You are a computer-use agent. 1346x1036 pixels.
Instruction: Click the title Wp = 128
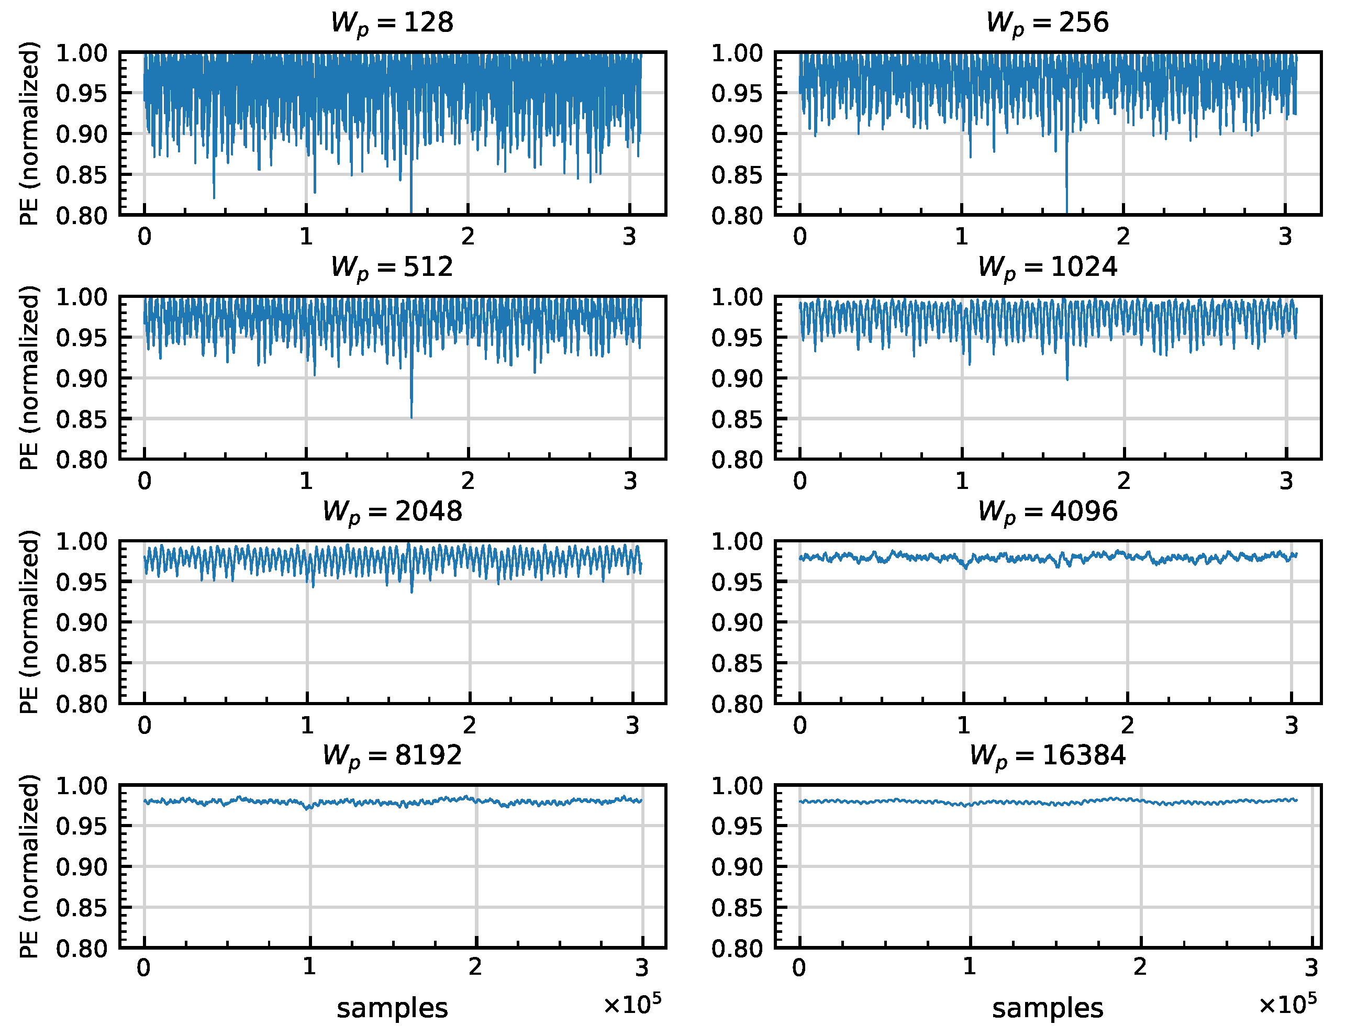(392, 24)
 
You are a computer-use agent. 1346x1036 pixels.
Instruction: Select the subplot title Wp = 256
(1047, 24)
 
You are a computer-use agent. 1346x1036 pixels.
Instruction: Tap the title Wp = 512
(392, 268)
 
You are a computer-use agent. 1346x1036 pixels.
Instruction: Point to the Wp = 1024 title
(1047, 268)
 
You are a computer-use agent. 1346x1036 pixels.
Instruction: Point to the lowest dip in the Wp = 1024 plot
(1067, 378)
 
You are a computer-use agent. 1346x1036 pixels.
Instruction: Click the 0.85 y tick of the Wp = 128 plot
(81, 175)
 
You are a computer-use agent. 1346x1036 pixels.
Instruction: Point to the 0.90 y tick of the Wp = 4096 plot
(737, 622)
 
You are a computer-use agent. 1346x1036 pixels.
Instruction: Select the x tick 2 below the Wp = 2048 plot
(470, 726)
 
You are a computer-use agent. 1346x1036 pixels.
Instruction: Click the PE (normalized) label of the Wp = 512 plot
(29, 378)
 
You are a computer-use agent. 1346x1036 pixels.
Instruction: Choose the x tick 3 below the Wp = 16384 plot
(1311, 968)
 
